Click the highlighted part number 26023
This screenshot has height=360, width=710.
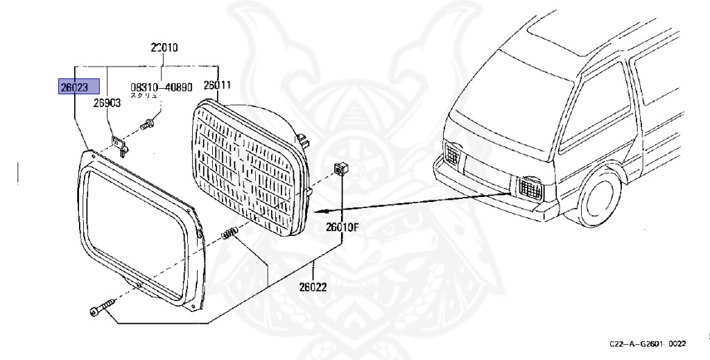click(79, 87)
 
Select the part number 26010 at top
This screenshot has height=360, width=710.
click(164, 48)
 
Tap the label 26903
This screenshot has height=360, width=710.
click(107, 103)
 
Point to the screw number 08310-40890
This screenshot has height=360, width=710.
click(162, 88)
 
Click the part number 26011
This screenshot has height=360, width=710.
click(217, 86)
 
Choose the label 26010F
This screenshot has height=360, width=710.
click(343, 226)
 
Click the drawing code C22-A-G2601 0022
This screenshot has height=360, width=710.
click(648, 344)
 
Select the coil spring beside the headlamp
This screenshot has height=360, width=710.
click(230, 235)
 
